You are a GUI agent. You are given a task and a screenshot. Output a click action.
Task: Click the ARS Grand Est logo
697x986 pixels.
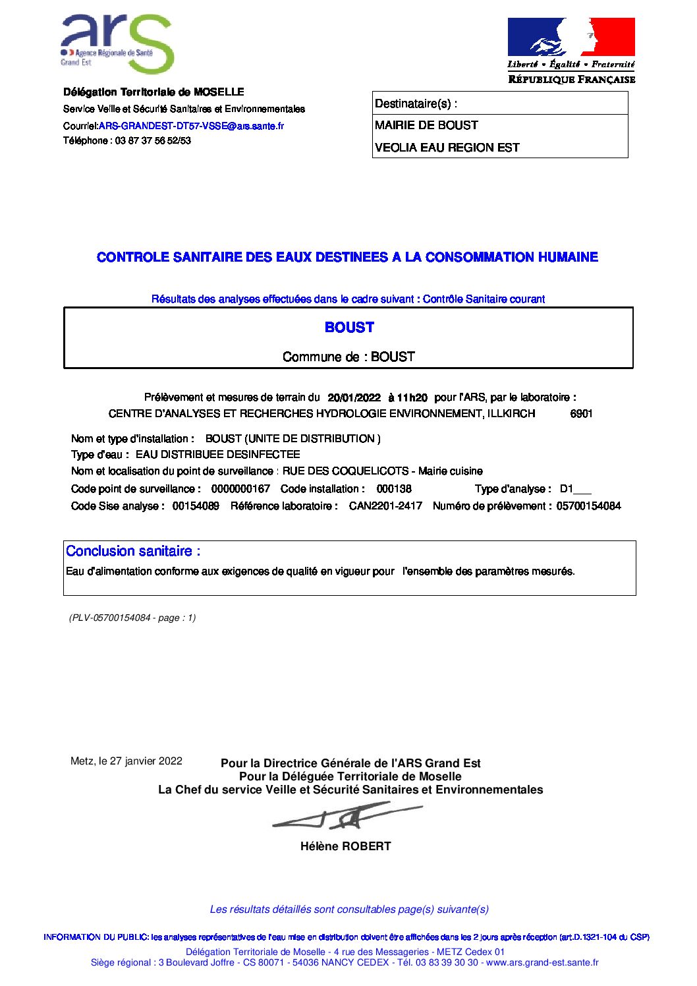(x=117, y=43)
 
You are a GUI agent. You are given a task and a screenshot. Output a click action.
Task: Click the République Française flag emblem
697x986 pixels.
(x=571, y=38)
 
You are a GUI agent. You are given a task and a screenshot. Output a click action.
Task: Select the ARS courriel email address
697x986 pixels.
(x=191, y=126)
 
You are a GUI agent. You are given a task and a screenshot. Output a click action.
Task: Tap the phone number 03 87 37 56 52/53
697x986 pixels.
(x=153, y=140)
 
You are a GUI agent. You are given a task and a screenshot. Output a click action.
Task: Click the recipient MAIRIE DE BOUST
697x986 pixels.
(x=426, y=125)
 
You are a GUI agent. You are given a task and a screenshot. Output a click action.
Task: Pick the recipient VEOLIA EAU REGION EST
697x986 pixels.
(x=447, y=148)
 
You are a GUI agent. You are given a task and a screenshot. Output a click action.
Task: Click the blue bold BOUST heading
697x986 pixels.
(x=349, y=328)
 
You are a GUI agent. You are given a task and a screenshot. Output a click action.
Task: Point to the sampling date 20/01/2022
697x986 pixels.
(x=354, y=397)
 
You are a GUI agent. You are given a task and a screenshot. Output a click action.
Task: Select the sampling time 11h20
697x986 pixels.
(x=412, y=397)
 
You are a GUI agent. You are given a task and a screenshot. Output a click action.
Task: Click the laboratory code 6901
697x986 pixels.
(x=581, y=414)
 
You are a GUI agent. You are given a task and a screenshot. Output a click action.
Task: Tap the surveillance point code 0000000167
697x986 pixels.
(x=240, y=489)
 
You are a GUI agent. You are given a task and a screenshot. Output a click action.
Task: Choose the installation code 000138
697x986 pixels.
(x=394, y=489)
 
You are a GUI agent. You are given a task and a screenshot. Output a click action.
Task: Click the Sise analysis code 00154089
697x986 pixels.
(x=196, y=506)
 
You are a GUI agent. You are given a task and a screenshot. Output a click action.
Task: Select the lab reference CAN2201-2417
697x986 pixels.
(x=385, y=506)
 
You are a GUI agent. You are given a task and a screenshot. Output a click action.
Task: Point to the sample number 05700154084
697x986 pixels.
(x=588, y=506)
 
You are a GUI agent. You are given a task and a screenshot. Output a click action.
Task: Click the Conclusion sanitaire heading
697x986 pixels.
(x=133, y=551)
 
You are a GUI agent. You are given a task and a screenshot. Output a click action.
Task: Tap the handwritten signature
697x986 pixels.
(x=346, y=817)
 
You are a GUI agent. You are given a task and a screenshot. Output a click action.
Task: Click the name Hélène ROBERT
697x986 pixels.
(x=346, y=846)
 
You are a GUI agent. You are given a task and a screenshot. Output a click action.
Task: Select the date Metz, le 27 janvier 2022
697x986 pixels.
(x=126, y=761)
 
